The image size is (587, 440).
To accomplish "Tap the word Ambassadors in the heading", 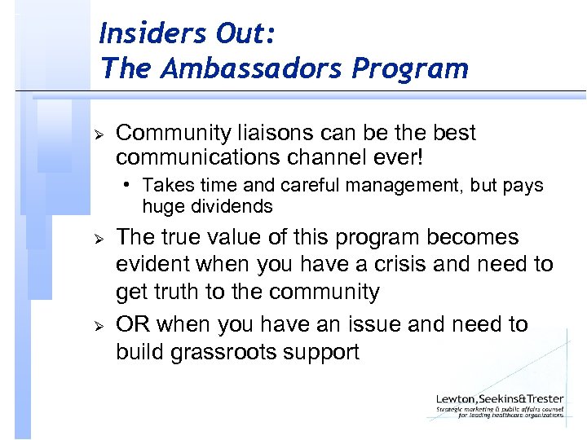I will [x=262, y=68].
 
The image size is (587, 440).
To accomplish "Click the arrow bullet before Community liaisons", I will [x=96, y=133].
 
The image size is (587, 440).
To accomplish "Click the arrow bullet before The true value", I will [x=96, y=238].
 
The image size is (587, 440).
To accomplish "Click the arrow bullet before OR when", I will [x=96, y=325].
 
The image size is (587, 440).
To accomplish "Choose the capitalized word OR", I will [x=133, y=324].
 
